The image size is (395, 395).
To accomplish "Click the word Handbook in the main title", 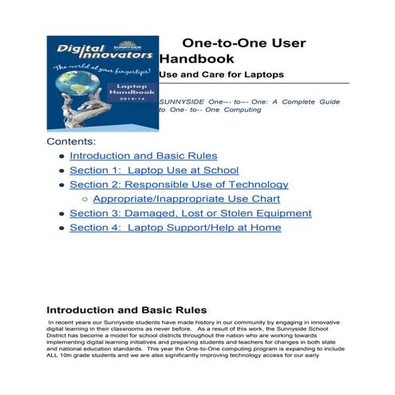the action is (196, 59).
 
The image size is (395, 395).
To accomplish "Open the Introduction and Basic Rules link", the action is (143, 156).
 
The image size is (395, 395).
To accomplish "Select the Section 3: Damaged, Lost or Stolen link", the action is (190, 213).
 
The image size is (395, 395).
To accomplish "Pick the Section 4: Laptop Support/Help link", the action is (175, 227).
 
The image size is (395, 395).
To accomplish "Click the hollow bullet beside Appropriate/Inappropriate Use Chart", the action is (85, 199).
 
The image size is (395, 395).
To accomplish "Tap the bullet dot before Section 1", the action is (61, 171).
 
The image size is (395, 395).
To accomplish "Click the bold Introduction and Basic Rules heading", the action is (127, 310).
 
